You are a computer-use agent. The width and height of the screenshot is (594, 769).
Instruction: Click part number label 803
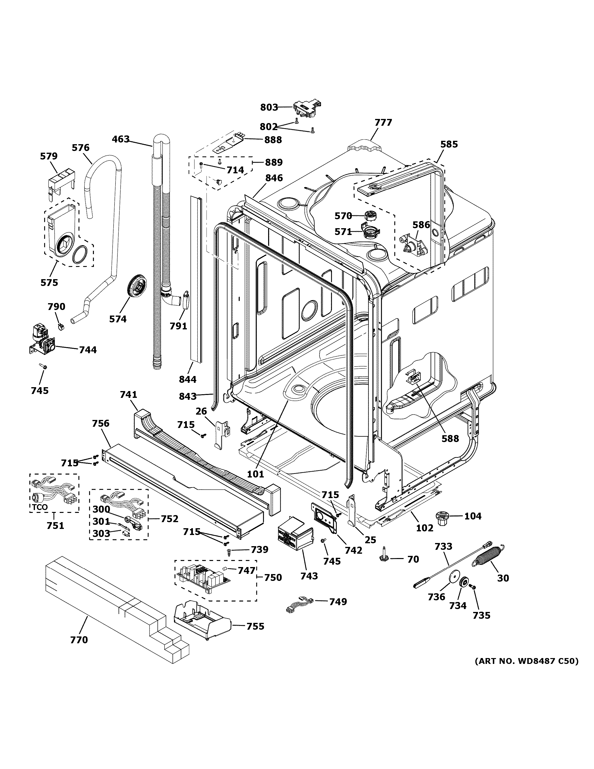point(269,107)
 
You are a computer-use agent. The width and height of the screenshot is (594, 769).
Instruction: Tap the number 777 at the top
point(383,123)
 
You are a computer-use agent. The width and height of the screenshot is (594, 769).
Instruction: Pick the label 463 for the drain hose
point(121,139)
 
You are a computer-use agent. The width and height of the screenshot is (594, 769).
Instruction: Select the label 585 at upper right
point(449,144)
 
